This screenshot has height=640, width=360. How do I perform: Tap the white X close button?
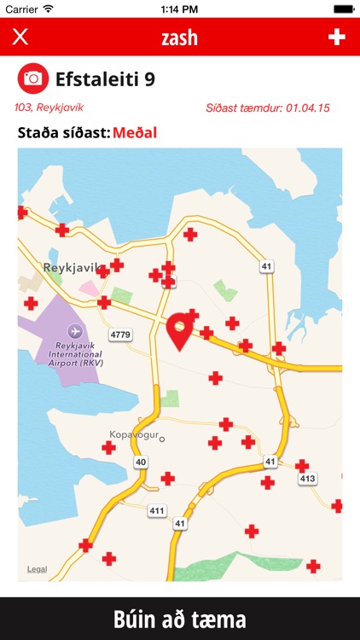tap(20, 37)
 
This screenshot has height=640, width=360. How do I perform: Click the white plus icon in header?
tap(337, 37)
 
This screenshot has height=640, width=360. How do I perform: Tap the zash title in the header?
tap(179, 37)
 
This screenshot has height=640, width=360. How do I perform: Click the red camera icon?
tap(32, 79)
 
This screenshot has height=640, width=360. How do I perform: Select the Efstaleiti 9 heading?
tap(105, 79)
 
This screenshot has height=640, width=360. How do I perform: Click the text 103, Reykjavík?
tap(49, 108)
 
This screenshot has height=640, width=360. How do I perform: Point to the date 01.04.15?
tap(308, 108)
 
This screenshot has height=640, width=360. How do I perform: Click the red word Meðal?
tap(135, 132)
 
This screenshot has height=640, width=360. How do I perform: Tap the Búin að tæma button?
tap(180, 619)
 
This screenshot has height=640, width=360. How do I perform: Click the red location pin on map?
tap(180, 330)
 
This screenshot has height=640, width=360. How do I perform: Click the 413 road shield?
tap(307, 480)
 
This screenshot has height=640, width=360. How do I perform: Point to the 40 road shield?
tap(141, 462)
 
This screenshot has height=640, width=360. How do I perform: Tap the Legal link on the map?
tap(38, 568)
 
